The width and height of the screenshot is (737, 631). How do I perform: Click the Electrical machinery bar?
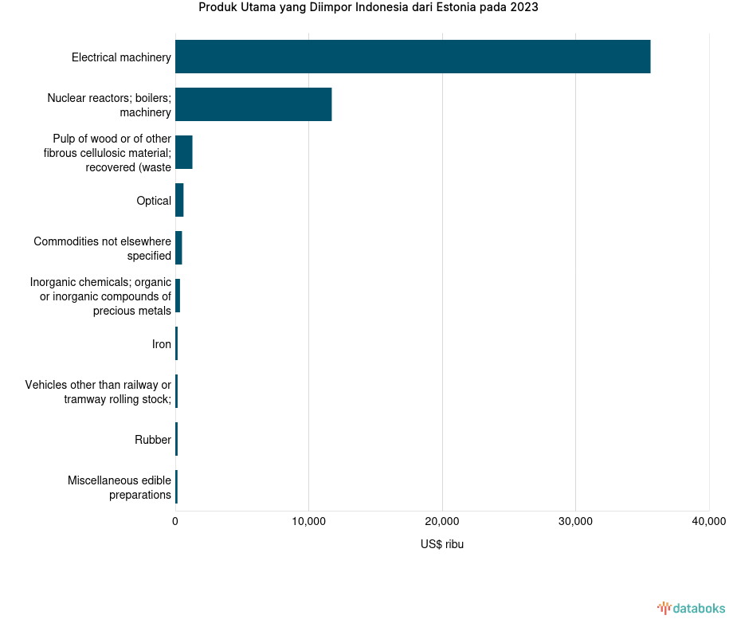click(413, 57)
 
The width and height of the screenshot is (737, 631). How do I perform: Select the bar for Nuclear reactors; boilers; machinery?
click(253, 104)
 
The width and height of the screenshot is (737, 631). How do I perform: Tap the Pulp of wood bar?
click(184, 152)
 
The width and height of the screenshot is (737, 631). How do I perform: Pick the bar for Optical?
click(179, 200)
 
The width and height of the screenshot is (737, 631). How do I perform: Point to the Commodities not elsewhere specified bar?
click(178, 248)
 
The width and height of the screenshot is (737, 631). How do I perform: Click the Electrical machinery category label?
click(121, 57)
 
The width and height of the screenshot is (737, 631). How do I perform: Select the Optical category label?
click(154, 201)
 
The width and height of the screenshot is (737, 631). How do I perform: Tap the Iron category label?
click(162, 344)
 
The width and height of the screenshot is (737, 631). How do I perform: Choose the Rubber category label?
click(153, 440)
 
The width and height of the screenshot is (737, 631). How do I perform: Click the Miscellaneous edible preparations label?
click(120, 488)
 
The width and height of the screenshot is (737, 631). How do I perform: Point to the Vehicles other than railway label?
click(98, 392)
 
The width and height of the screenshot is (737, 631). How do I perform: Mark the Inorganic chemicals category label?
click(100, 296)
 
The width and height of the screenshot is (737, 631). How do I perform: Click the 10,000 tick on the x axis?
click(308, 522)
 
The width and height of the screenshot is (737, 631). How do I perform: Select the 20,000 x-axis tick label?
click(442, 522)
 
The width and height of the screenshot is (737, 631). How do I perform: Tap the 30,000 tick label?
click(575, 522)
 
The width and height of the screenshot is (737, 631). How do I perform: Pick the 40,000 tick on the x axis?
click(708, 522)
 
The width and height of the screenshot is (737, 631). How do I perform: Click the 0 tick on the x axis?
click(175, 522)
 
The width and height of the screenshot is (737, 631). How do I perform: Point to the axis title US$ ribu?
click(442, 545)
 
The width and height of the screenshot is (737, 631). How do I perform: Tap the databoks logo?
click(692, 609)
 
